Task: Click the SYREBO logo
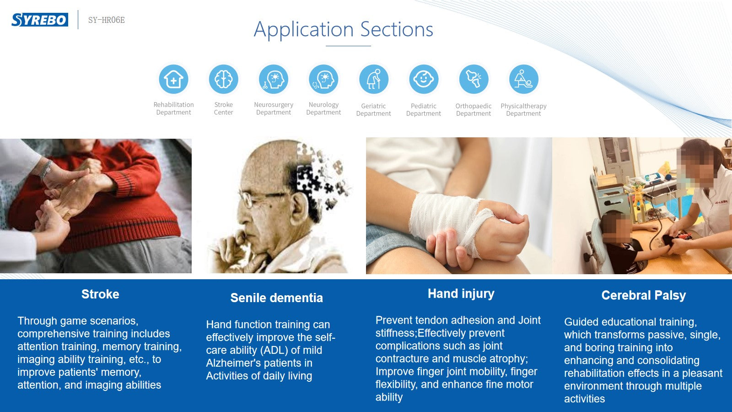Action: [40, 20]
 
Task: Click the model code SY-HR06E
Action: [107, 20]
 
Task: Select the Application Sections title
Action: [344, 29]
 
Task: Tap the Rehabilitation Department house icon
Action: [173, 79]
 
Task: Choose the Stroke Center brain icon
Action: [224, 79]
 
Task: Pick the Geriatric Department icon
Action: [373, 79]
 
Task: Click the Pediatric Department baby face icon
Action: [424, 79]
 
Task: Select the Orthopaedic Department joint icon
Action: [474, 79]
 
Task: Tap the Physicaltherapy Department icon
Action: [523, 79]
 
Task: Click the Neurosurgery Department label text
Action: [274, 108]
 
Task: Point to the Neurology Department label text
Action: [323, 108]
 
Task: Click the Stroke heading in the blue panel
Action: [100, 294]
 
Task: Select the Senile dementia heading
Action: [276, 298]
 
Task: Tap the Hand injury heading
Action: [461, 294]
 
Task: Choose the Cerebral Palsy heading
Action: [643, 296]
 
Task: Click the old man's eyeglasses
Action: [261, 198]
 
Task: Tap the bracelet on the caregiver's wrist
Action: [46, 169]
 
